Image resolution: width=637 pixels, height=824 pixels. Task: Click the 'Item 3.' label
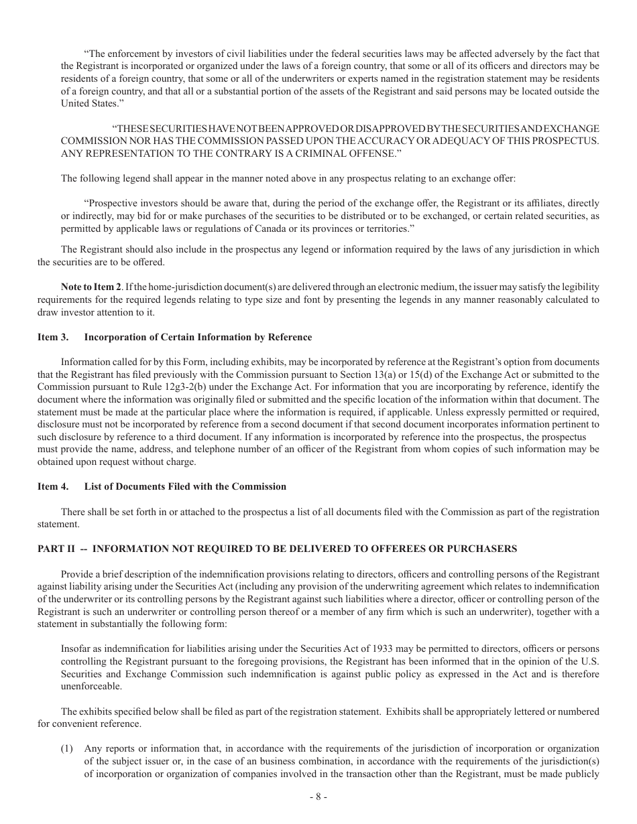tap(52, 337)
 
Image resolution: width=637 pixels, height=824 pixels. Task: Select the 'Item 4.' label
tap(52, 486)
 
